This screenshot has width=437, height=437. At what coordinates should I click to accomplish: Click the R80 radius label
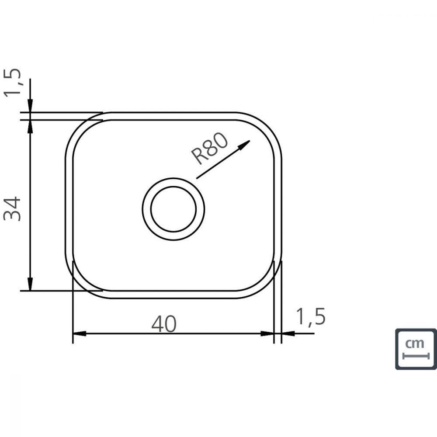coord(210,149)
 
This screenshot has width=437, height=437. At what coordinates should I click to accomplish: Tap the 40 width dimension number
coord(164,323)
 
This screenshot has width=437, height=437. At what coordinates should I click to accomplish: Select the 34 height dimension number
coord(12,209)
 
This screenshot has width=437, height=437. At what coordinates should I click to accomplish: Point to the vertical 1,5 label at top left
coord(12,83)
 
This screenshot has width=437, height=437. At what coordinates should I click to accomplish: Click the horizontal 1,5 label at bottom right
coord(311,316)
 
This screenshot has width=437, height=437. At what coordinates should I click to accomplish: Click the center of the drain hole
coord(173,209)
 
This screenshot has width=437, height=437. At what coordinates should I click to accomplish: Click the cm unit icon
coord(416,349)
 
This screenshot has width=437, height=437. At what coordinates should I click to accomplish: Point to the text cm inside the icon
coord(414,343)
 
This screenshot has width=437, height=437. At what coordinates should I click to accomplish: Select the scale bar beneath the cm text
coord(416,356)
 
